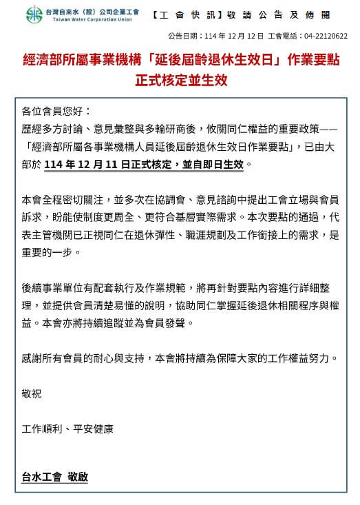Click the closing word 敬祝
(x=32, y=393)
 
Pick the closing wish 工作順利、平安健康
(x=67, y=429)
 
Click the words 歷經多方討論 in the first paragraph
(x=55, y=129)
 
